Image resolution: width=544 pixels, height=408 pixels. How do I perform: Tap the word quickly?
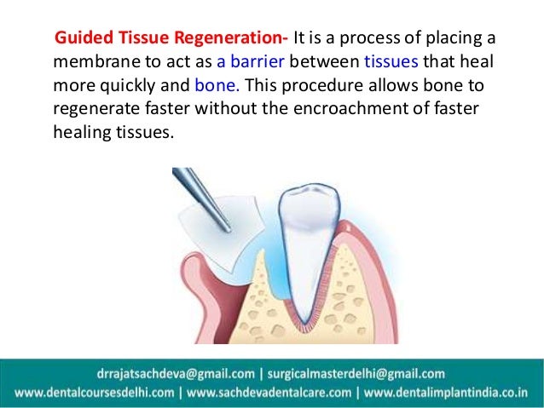[x=140, y=86]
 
